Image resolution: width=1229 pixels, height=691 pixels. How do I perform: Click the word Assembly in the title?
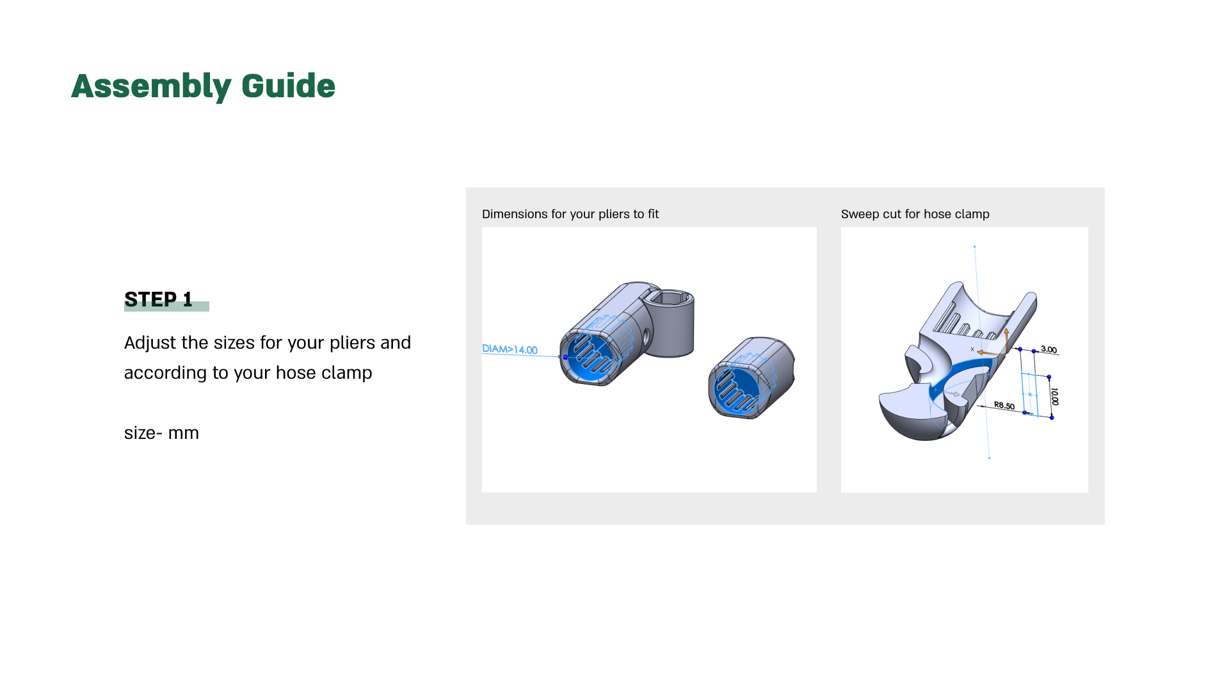(151, 86)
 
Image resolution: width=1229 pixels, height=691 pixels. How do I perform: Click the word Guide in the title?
(288, 86)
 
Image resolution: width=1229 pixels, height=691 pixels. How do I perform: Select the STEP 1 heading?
(158, 299)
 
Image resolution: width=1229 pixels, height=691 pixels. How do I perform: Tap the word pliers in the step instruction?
(352, 343)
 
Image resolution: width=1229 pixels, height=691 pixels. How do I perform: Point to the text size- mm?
(161, 433)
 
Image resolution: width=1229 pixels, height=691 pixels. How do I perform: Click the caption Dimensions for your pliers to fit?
(570, 214)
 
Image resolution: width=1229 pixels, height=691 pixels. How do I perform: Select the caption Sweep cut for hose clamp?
(915, 214)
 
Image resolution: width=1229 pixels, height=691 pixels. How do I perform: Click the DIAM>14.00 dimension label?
(510, 349)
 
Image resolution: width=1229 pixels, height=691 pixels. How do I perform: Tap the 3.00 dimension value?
(1048, 349)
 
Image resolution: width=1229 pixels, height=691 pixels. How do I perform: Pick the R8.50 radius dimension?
(1004, 406)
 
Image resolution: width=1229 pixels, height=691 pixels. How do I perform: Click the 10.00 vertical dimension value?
(1054, 397)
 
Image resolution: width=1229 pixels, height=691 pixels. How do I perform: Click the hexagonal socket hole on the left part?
(669, 299)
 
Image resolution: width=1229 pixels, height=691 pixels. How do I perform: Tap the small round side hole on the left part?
(646, 335)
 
